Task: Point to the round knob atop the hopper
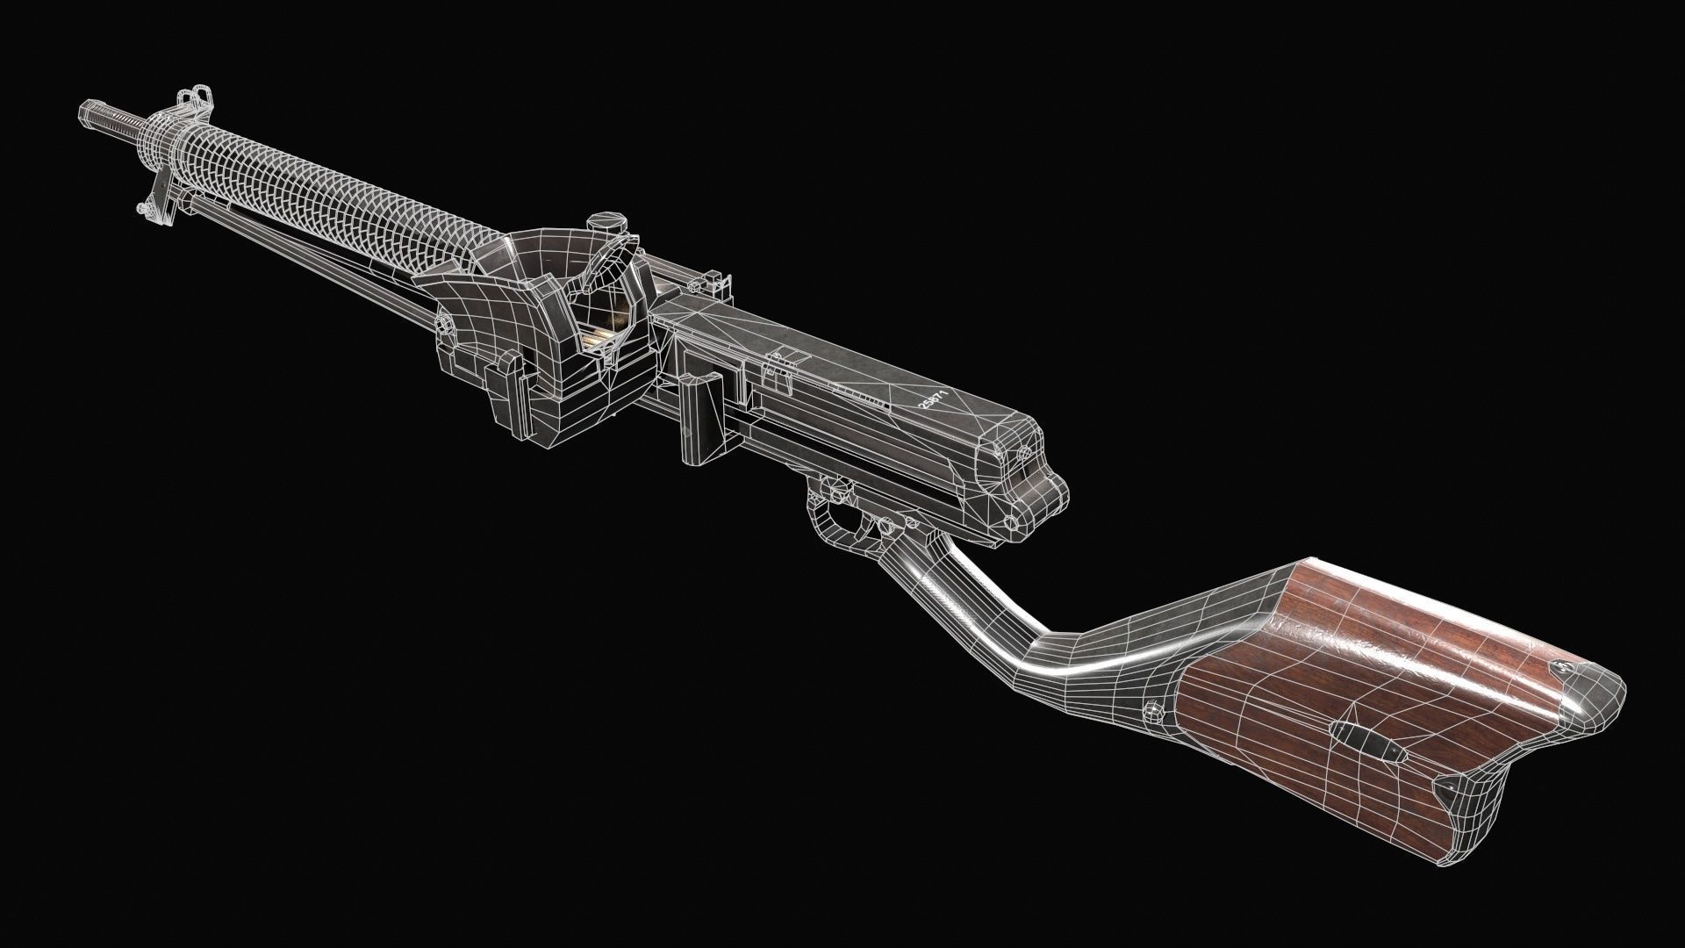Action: [x=601, y=224]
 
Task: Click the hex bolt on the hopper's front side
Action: [x=446, y=327]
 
